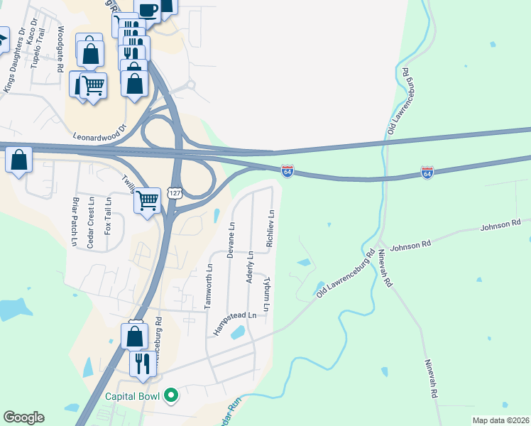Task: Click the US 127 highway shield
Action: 175,193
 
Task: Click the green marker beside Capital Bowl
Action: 170,395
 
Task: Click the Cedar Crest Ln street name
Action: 91,223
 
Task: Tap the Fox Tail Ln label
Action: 108,216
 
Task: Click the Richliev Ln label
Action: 269,228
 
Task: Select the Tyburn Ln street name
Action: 267,295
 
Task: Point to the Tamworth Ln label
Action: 209,287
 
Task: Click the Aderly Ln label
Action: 250,267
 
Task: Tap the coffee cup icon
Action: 147,10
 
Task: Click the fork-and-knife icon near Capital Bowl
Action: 139,364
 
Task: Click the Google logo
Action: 23,417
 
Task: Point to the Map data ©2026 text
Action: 500,420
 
